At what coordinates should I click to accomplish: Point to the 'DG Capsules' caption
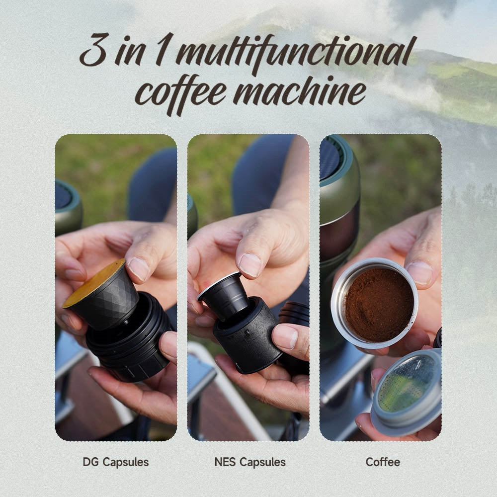(116, 462)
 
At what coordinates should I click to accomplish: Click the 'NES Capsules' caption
(250, 462)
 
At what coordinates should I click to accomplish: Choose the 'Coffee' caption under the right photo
(383, 462)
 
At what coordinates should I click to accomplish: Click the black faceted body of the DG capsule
(107, 307)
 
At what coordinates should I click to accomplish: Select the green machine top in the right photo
(338, 169)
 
